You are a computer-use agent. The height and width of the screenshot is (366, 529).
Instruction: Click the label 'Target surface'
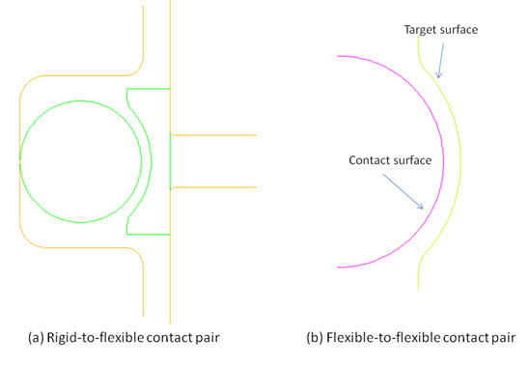coord(439,29)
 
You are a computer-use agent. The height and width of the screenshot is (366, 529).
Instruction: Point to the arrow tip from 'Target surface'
coord(436,78)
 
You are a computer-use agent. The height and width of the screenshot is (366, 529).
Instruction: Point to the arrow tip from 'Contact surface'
coord(424,208)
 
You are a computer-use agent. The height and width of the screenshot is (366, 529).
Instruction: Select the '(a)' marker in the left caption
coord(37,339)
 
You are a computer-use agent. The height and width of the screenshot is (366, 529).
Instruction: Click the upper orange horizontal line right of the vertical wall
coord(213,134)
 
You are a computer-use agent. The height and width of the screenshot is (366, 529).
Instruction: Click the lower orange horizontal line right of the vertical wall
coord(213,185)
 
